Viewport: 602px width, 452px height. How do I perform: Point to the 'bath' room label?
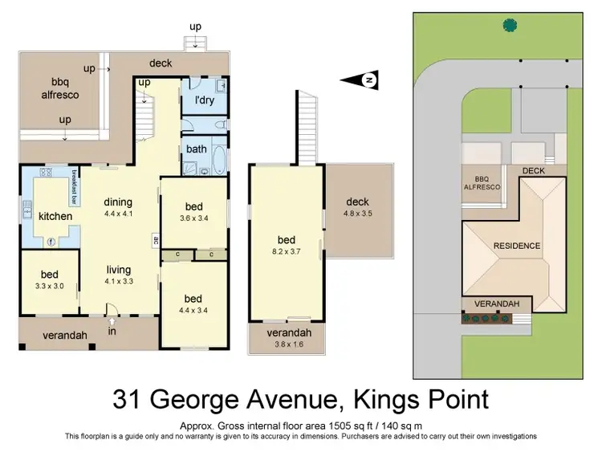coord(197,149)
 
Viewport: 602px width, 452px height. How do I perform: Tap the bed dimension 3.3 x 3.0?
coord(49,286)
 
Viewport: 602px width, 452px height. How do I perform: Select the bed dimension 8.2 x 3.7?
coord(287,250)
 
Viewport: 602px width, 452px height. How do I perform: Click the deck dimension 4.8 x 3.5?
coord(360,214)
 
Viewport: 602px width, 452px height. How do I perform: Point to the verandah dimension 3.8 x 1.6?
coord(287,346)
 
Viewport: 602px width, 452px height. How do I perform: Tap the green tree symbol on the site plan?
coord(509,25)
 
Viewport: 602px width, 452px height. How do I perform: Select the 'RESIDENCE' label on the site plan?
coord(517,246)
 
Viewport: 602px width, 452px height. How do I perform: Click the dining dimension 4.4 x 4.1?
coord(117,214)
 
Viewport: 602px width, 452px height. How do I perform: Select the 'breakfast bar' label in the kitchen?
coord(74,184)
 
